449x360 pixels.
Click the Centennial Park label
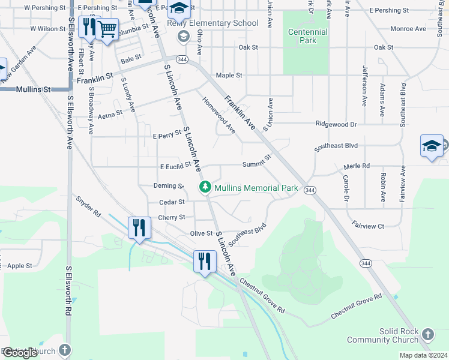pyautogui.click(x=308, y=36)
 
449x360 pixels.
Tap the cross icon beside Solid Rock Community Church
pyautogui.click(x=427, y=334)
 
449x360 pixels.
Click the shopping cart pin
pyautogui.click(x=107, y=28)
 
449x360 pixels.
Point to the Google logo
pyautogui.click(x=20, y=353)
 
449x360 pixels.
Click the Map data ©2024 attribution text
pyautogui.click(x=423, y=355)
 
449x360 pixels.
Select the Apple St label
pyautogui.click(x=20, y=265)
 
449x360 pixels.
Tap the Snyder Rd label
pyautogui.click(x=88, y=205)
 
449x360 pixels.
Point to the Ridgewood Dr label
pyautogui.click(x=337, y=125)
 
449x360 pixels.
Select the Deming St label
pyautogui.click(x=168, y=186)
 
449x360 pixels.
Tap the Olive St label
pyautogui.click(x=201, y=233)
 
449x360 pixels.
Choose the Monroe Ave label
pyautogui.click(x=408, y=29)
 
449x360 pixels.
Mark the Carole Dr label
pyautogui.click(x=346, y=188)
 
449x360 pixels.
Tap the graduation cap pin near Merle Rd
pyautogui.click(x=432, y=147)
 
